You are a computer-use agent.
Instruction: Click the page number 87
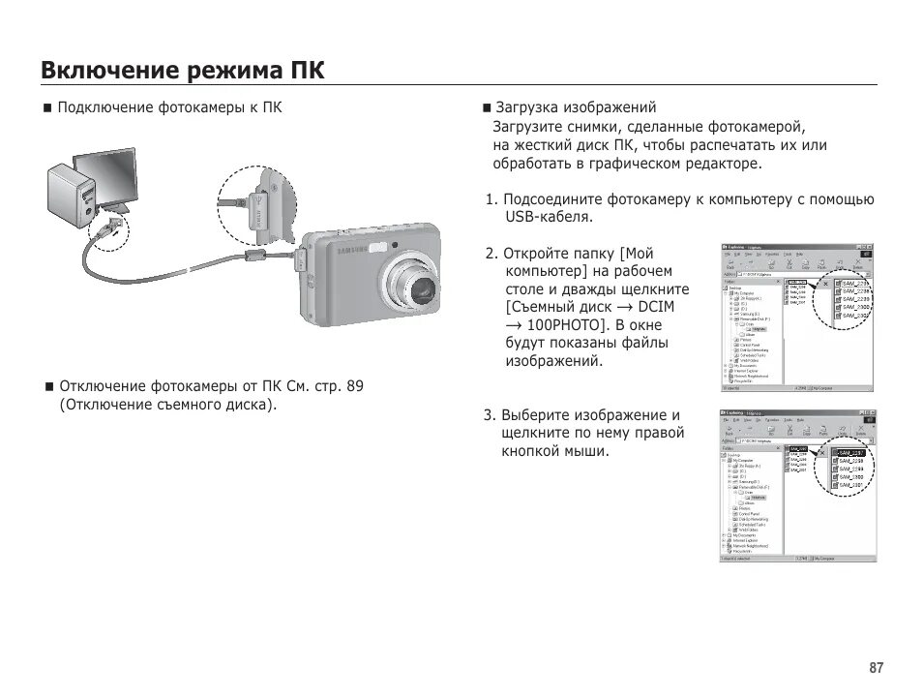tap(876, 668)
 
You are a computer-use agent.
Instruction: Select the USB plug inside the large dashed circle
tap(259, 209)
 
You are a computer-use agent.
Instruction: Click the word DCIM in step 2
tap(656, 307)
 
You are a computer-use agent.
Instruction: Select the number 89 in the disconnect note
tap(354, 386)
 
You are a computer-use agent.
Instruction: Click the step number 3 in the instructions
tap(489, 415)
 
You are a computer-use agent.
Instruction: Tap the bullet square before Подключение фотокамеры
tap(46, 107)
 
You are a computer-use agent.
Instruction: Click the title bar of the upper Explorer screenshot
tap(798, 248)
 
